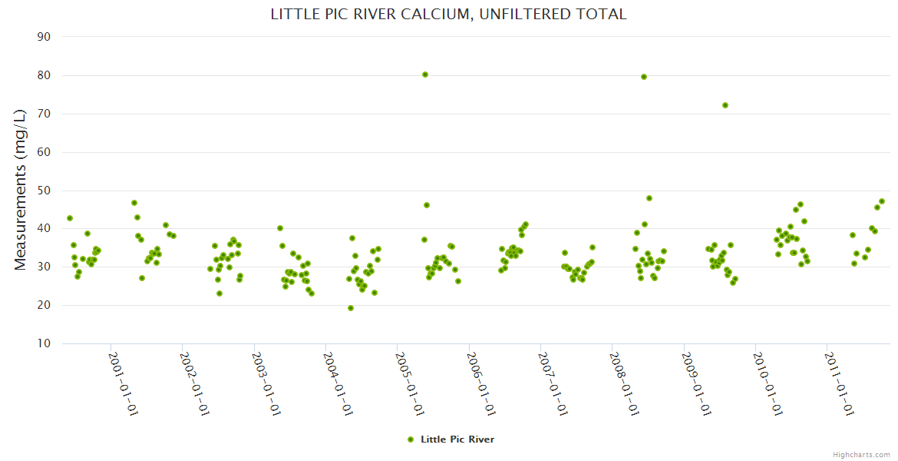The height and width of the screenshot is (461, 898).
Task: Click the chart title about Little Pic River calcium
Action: pos(448,14)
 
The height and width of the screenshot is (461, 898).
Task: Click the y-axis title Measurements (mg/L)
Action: pos(21,189)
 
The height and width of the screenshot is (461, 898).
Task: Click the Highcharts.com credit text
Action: pos(861,455)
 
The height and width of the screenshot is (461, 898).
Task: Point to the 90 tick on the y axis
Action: pos(44,37)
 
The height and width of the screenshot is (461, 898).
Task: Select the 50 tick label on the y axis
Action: pos(44,191)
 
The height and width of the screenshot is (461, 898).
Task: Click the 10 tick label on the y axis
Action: pos(44,343)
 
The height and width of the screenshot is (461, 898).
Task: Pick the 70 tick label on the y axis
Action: pos(44,114)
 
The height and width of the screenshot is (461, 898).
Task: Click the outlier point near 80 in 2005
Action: pos(425,75)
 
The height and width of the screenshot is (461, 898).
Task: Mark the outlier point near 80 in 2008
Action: pos(644,77)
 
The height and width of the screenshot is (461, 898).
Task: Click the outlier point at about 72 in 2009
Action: pos(725,105)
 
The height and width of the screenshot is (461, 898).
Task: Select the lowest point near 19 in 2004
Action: pos(351,308)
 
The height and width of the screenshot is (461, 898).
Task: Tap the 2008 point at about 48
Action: pos(649,198)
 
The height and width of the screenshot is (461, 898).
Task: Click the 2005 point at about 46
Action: pos(427,205)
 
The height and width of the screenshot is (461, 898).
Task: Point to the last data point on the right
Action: pos(882,201)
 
